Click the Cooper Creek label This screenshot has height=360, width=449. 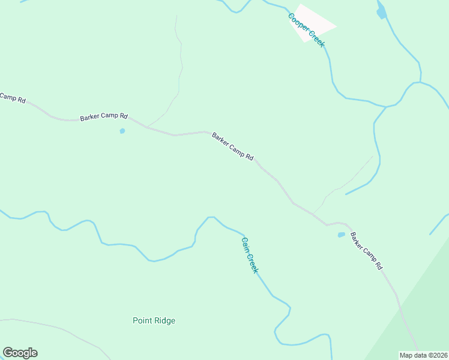coord(306,28)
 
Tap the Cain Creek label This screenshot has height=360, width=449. coord(249,256)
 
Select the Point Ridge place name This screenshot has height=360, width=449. coord(154,320)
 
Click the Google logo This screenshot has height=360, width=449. coord(20,353)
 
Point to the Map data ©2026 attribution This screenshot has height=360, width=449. coord(424,355)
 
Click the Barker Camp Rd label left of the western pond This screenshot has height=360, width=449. coord(104,117)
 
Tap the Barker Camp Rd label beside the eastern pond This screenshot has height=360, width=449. coord(366,250)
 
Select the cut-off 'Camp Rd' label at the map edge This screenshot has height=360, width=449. coord(12,97)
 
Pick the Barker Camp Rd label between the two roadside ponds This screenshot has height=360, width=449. coord(232,146)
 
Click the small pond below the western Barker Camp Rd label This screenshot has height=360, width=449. coord(122,131)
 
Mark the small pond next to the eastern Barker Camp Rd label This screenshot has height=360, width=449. coord(342,235)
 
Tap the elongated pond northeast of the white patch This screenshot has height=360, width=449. coord(381,11)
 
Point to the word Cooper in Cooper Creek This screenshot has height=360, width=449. coord(298,22)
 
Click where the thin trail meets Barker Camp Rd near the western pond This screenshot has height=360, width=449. coord(147,127)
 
